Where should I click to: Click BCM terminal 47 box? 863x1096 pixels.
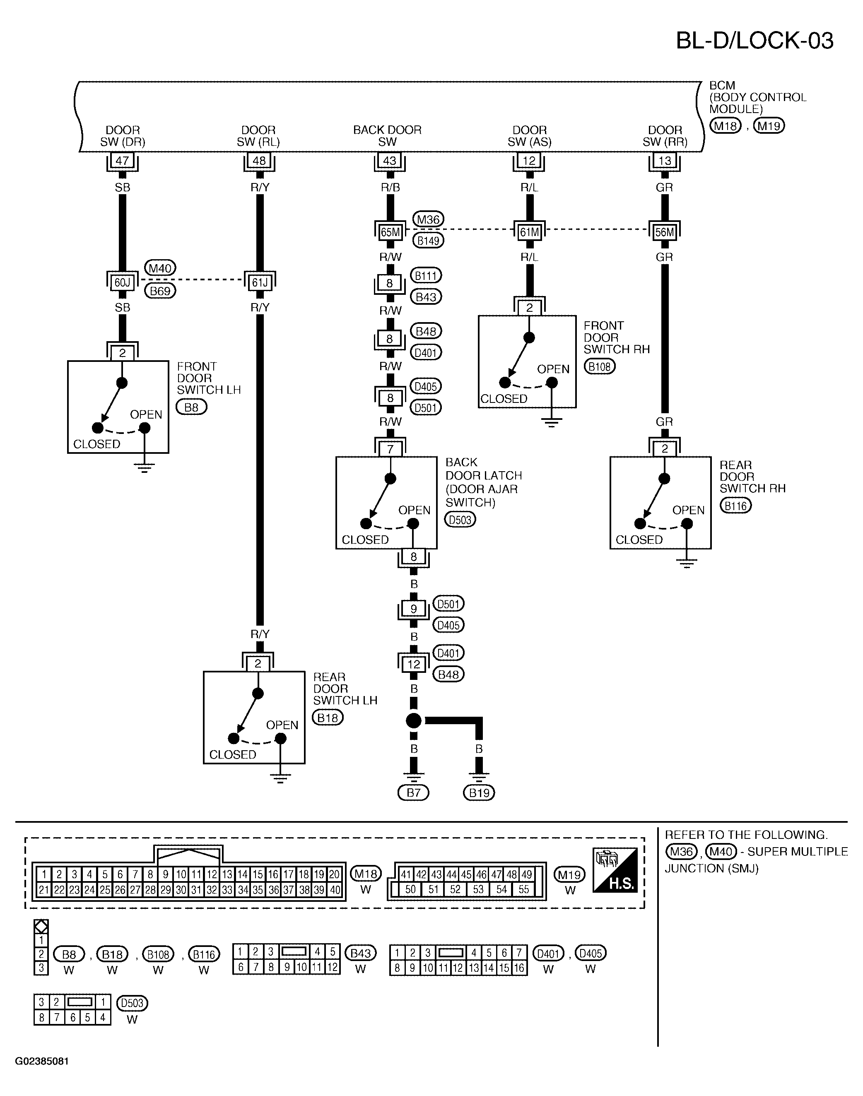coord(122,161)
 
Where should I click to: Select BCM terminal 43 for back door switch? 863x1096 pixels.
coord(390,161)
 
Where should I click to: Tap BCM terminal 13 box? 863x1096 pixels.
coord(664,161)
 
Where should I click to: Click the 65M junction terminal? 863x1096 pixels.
coord(390,232)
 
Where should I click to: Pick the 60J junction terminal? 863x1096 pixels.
coord(122,282)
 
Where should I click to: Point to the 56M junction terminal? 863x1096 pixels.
coord(664,232)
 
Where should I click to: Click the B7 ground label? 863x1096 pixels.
coord(413,792)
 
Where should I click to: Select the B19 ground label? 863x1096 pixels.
coord(479,792)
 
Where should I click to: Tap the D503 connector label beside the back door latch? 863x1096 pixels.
coord(460,520)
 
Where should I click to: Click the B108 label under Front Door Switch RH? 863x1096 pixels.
coord(600,367)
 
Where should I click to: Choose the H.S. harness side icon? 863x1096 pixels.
coord(615,870)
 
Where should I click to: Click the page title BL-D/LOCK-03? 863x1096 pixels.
coord(755,41)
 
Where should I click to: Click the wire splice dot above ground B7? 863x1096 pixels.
coord(413,721)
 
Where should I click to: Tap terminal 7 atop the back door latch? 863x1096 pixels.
coord(390,448)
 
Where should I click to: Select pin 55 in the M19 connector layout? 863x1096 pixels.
coord(524,889)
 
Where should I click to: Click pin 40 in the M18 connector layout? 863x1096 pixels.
coord(335,890)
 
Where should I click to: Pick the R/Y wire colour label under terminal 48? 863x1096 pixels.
coord(260,188)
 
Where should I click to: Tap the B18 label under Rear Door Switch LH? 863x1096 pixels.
coord(328,718)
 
